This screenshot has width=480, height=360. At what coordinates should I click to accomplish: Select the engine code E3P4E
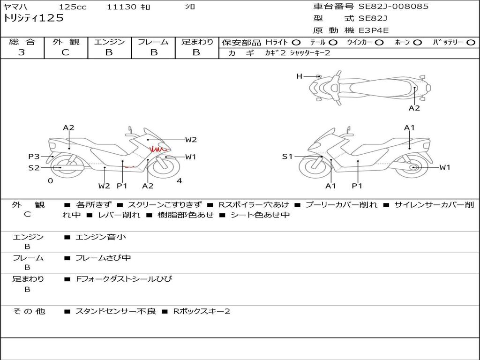pos(374,31)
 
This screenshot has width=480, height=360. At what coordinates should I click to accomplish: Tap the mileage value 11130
pos(121,7)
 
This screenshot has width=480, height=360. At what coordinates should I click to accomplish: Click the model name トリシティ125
pos(33,19)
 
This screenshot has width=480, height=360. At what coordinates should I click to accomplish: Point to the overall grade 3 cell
pos(22,52)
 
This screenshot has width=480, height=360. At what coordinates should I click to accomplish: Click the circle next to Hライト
pos(296,43)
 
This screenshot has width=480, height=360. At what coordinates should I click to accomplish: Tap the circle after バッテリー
pos(471,43)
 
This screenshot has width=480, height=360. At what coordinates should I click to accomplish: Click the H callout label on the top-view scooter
pos(299,76)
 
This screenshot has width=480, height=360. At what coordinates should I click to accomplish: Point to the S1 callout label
pos(287,157)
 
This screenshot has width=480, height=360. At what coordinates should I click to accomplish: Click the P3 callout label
pos(34,157)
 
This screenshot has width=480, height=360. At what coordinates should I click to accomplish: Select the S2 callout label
pos(34,167)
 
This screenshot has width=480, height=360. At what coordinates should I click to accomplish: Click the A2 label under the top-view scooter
pos(414,108)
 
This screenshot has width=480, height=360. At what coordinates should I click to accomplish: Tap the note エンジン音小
pos(101,237)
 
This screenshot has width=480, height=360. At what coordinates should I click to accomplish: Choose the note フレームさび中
pos(103,258)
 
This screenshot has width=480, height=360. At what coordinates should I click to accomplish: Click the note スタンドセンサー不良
pos(115,311)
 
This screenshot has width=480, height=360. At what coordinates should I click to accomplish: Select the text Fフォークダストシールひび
pos(124,279)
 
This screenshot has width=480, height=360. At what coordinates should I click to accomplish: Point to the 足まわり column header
pos(197,42)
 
